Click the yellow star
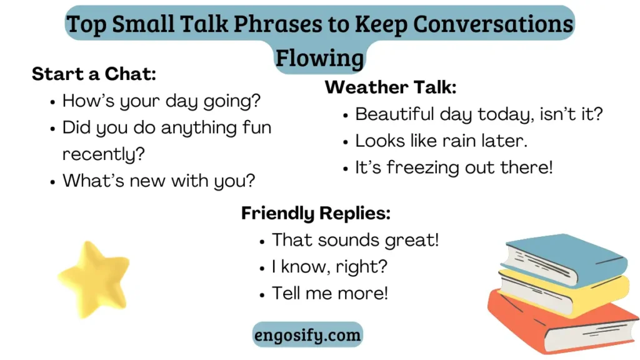[x=95, y=279]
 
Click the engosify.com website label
[x=307, y=335]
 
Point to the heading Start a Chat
[x=94, y=74]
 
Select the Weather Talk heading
[x=391, y=87]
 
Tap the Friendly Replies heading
[x=316, y=213]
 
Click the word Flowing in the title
[x=319, y=57]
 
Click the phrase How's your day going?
[x=161, y=101]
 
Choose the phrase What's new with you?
[x=159, y=181]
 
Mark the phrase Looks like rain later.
[x=441, y=141]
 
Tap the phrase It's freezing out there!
[x=454, y=167]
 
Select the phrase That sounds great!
[x=355, y=240]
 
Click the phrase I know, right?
[x=329, y=267]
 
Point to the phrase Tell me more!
[x=330, y=294]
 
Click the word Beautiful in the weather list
[x=394, y=114]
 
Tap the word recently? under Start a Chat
[x=104, y=154]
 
